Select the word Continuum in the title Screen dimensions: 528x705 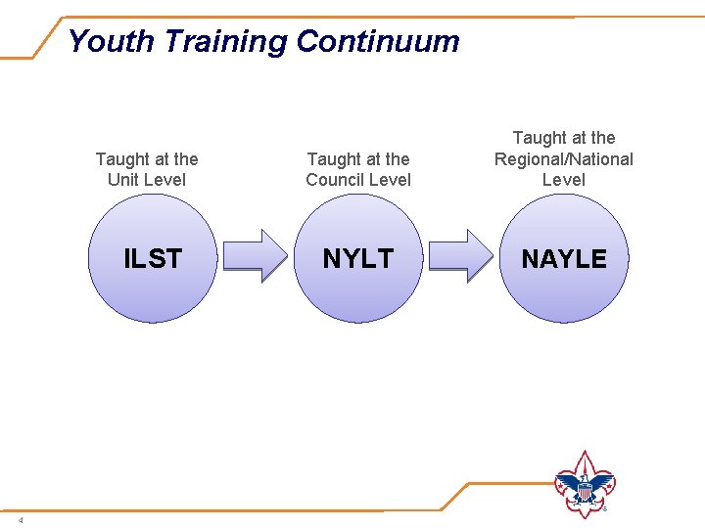(377, 41)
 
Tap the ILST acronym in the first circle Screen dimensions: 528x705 (153, 259)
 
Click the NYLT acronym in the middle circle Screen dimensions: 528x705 (357, 259)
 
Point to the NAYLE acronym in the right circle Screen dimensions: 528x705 (564, 259)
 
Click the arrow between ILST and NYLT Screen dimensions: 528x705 (256, 256)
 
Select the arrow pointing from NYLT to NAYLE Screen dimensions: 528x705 (462, 256)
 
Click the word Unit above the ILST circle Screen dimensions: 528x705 (124, 180)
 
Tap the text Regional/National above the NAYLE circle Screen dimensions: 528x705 (564, 159)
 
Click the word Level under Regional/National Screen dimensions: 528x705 (564, 180)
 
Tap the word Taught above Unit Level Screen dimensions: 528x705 (120, 159)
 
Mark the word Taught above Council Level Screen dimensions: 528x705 (333, 159)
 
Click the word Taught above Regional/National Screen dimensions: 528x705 (539, 139)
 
